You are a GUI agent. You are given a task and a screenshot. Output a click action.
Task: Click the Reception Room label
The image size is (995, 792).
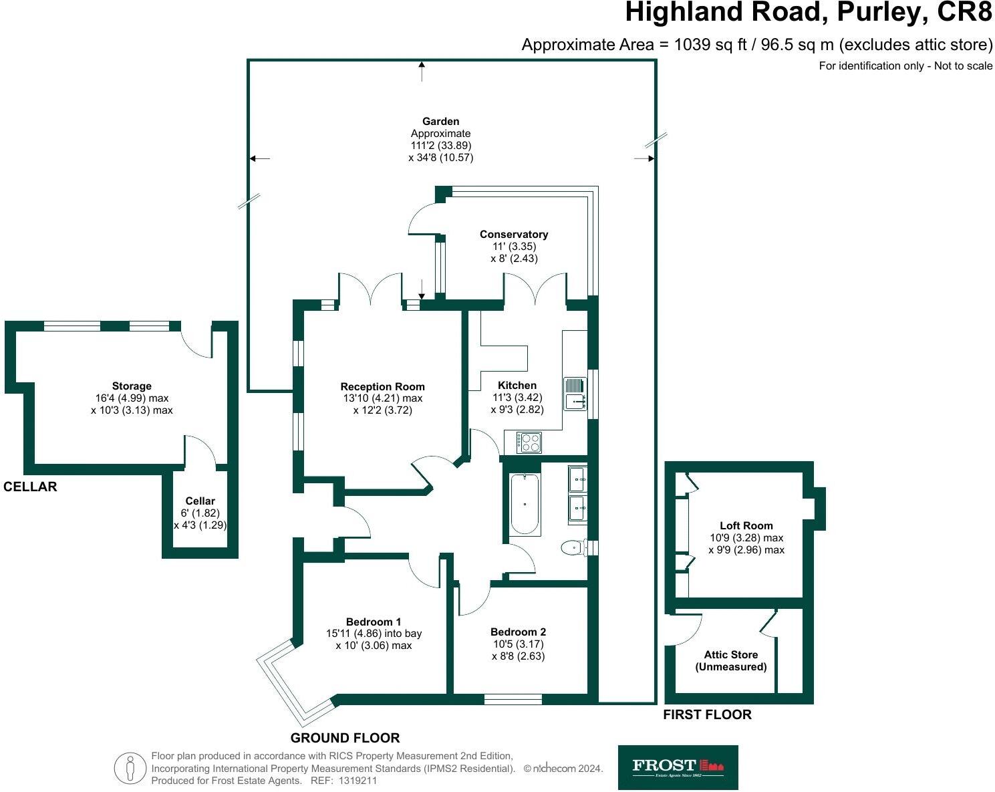pyautogui.click(x=382, y=386)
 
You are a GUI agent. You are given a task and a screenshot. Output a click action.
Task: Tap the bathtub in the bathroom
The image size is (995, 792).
pyautogui.click(x=525, y=504)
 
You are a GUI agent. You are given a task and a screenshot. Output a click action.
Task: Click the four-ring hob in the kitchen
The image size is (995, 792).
pyautogui.click(x=529, y=442)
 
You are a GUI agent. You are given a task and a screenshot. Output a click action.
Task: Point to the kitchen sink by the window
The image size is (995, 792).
pyautogui.click(x=574, y=393)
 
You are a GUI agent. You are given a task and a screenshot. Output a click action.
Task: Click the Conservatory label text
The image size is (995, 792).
pyautogui.click(x=514, y=234)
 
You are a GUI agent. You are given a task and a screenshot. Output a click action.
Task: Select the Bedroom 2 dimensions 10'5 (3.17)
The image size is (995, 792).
pyautogui.click(x=518, y=644)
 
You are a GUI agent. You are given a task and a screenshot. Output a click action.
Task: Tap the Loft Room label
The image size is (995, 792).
pyautogui.click(x=746, y=525)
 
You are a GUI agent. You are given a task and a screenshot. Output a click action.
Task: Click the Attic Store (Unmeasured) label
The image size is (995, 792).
pyautogui.click(x=730, y=661)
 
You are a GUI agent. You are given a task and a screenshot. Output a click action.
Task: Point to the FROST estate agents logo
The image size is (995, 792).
pyautogui.click(x=678, y=767)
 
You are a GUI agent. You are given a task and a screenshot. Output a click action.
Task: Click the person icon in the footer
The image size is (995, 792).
pyautogui.click(x=130, y=769)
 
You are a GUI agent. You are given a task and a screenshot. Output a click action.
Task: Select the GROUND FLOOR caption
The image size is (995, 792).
pyautogui.click(x=345, y=738)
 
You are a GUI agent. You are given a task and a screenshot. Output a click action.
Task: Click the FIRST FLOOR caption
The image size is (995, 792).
pyautogui.click(x=707, y=714)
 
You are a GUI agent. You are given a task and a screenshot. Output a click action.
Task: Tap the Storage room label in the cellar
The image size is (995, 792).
pyautogui.click(x=132, y=386)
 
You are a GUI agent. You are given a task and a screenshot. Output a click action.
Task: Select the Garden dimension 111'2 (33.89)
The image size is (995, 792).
pyautogui.click(x=441, y=146)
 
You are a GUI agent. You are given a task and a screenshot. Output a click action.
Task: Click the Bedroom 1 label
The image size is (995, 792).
pyautogui.click(x=374, y=621)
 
